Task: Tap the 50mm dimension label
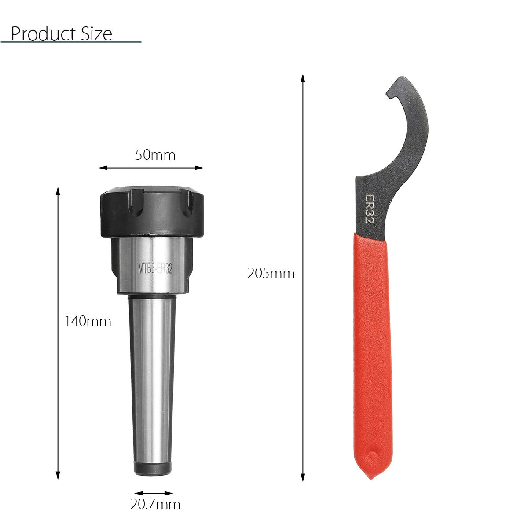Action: coord(155,155)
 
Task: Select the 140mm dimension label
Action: coord(88,321)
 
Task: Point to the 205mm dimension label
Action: coord(271,273)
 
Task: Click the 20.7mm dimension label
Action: coord(155,504)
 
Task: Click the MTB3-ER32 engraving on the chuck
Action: coord(155,268)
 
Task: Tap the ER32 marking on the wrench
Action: coord(369,209)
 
